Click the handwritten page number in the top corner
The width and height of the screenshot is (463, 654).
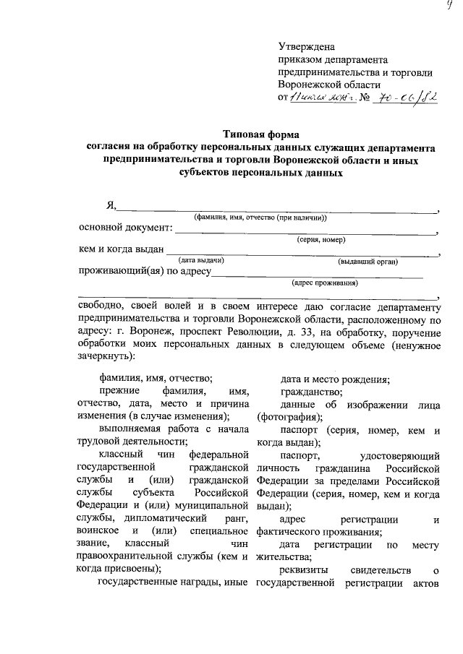449,7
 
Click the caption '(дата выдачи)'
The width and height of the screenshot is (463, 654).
201,261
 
